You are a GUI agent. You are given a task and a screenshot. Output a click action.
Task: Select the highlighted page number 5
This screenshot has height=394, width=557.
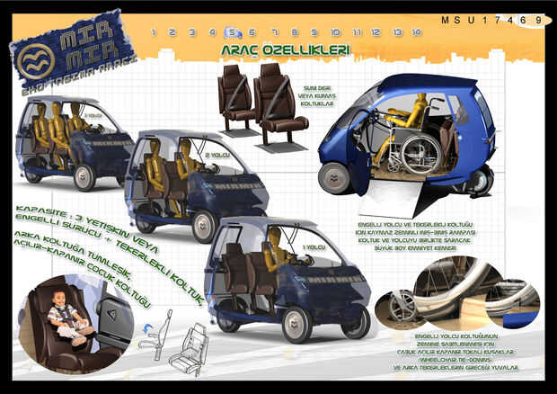pos(232,32)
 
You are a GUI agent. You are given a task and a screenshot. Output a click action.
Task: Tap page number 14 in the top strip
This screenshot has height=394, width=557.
pos(416,32)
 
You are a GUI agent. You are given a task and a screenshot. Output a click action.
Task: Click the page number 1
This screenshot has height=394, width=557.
pos(155,32)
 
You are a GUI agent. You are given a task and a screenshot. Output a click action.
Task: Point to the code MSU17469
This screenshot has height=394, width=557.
pos(491,19)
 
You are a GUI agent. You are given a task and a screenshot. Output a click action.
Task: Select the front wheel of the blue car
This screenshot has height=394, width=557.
pos(333,177)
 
